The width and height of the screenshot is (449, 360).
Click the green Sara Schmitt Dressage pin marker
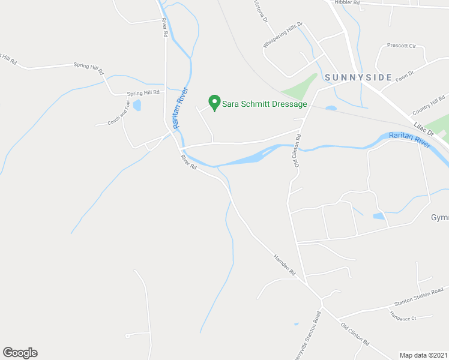(x=212, y=102)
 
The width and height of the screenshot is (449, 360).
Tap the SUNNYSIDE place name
(x=358, y=77)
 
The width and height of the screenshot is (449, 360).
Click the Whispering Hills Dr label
(x=283, y=37)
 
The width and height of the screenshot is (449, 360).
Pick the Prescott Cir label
(x=402, y=45)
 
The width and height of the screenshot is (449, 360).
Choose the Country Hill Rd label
(x=429, y=106)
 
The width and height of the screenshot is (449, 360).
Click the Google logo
(x=20, y=352)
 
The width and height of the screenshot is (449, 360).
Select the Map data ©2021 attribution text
(x=424, y=355)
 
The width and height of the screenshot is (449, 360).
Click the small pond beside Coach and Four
(x=137, y=106)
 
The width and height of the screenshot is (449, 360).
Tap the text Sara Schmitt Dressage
(x=265, y=104)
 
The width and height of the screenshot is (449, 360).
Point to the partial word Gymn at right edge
(x=439, y=217)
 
